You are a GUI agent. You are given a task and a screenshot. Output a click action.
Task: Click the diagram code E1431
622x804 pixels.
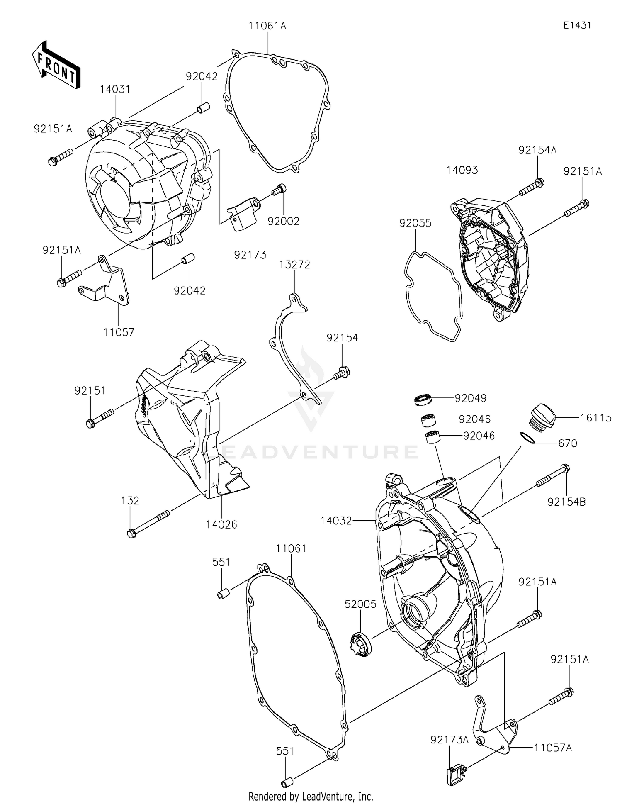577,25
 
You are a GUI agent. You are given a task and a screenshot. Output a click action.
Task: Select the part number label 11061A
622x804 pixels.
267,26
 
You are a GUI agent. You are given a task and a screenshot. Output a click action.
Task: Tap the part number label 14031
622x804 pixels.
115,89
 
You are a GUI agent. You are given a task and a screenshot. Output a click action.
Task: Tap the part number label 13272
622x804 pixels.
294,265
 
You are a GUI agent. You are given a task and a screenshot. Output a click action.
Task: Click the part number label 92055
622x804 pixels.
415,223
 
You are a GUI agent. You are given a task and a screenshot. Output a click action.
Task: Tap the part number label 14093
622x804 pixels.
462,170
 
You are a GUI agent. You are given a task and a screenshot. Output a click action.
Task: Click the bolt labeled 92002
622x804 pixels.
279,190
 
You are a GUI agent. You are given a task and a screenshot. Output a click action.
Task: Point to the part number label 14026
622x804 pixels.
221,525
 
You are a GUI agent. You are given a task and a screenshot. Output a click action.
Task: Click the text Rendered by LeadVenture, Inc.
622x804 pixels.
311,796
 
